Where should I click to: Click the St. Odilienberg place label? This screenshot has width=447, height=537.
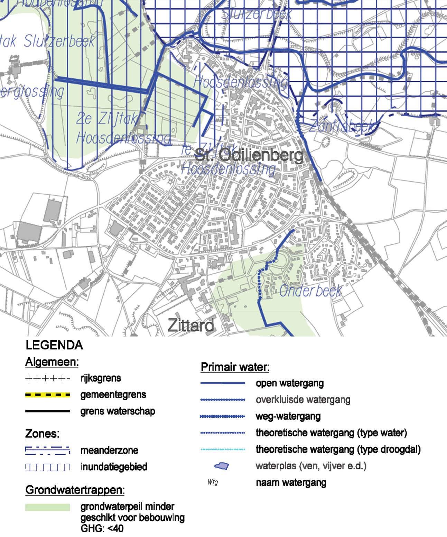[x=249, y=156]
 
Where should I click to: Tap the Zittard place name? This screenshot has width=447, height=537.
[x=191, y=325]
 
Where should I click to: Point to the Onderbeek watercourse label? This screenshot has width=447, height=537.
[x=310, y=291]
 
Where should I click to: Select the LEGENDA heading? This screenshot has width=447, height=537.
[x=54, y=345]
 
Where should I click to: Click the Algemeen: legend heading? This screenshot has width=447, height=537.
[x=52, y=362]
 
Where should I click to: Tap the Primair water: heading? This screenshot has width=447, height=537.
[x=235, y=367]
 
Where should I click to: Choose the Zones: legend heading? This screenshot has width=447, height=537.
[x=42, y=433]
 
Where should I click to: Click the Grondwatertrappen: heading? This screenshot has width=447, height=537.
[x=75, y=490]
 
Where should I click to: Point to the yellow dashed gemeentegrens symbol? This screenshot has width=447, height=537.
[x=47, y=395]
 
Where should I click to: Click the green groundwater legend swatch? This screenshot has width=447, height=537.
[x=47, y=507]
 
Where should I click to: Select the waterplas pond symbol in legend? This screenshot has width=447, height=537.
[x=222, y=466]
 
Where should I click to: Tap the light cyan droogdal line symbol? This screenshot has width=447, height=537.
[x=223, y=449]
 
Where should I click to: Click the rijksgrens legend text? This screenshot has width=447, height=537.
[x=101, y=378]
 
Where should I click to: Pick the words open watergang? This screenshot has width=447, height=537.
[x=290, y=383]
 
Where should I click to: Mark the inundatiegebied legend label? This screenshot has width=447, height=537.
[x=114, y=467]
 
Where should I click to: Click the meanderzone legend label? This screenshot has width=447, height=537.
[x=109, y=450]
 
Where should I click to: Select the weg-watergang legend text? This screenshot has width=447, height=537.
[x=288, y=416]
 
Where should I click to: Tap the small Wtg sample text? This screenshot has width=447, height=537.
[x=213, y=482]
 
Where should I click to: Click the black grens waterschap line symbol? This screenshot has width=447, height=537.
[x=47, y=411]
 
